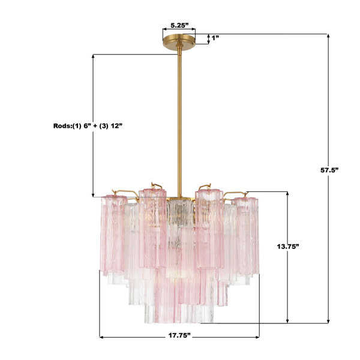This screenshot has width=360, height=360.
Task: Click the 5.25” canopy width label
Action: (179, 25)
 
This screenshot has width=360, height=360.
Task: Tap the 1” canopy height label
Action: (215, 38)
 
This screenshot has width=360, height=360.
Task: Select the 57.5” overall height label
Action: (329, 170)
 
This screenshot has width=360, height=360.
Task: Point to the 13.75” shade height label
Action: (288, 247)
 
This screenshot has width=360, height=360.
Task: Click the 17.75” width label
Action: (180, 335)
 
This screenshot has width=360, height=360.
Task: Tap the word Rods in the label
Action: (62, 126)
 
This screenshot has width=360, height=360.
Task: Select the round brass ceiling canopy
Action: (179, 41)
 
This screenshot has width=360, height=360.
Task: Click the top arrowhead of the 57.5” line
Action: (328, 36)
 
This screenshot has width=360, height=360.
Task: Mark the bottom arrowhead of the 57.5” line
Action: (328, 321)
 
